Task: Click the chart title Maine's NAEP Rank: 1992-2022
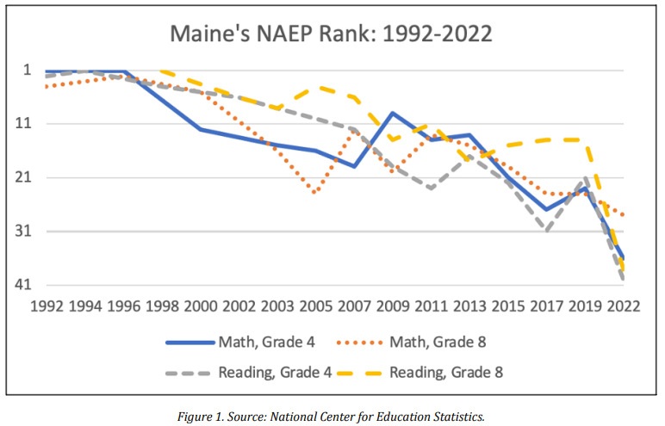[x=332, y=34]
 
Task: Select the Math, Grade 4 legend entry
[x=263, y=342]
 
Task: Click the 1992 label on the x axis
[x=47, y=305]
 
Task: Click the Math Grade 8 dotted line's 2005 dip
[x=314, y=193]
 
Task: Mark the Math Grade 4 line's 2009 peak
[x=393, y=113]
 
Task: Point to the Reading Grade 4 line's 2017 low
[x=546, y=231]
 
